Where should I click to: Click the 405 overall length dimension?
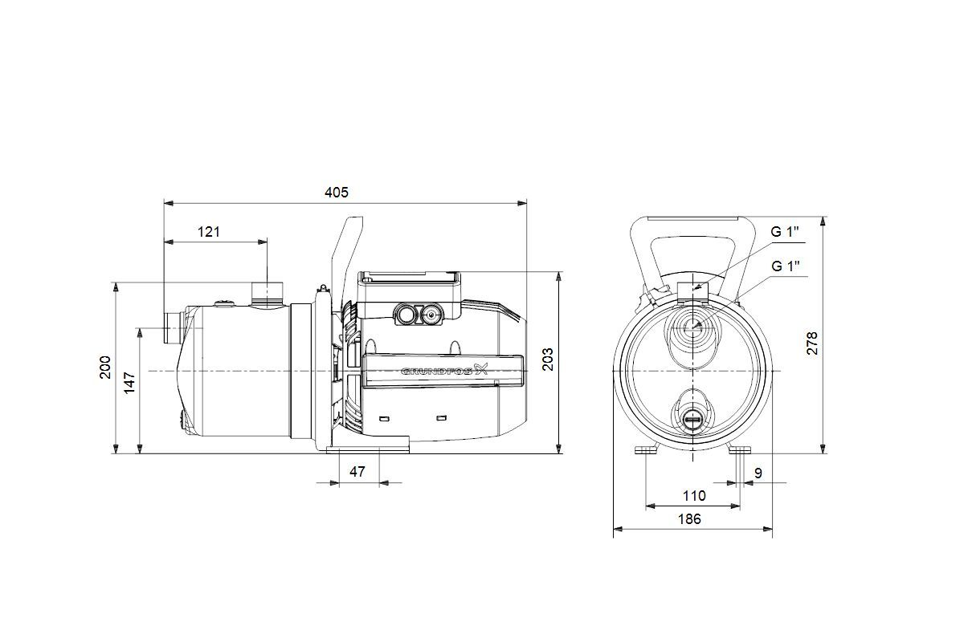336,193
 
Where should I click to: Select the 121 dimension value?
209,232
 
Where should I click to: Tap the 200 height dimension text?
105,368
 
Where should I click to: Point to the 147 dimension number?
129,383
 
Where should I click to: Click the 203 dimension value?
547,360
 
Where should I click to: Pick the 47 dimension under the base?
357,472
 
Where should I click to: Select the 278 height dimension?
811,343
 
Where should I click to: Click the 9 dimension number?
758,473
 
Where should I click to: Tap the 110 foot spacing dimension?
694,496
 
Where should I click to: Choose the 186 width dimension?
689,519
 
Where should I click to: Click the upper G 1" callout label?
785,232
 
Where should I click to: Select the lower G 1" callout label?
786,266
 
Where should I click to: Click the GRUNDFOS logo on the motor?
444,370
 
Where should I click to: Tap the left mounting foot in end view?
647,450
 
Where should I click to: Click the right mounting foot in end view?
740,450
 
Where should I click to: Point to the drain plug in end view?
692,419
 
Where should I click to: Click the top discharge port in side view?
268,295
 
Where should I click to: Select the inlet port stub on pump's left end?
173,328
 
